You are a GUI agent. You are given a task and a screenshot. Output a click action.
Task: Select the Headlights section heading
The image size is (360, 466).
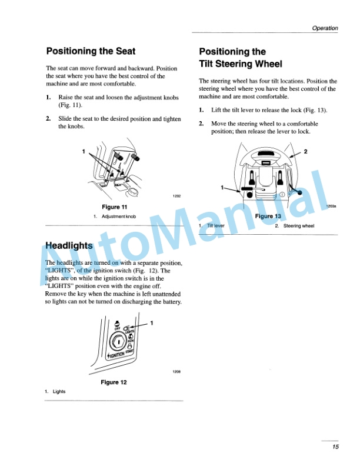69,245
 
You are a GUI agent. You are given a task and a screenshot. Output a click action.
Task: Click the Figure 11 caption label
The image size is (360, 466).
115,207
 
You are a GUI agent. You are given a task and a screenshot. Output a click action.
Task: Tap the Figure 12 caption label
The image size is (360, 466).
115,382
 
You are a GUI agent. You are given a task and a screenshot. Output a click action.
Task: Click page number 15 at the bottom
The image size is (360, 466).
335,447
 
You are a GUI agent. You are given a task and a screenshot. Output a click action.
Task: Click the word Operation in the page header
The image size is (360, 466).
325,28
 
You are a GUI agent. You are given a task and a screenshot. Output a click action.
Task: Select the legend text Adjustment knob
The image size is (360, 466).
119,217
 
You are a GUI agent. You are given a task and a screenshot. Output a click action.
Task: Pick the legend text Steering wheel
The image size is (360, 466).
299,226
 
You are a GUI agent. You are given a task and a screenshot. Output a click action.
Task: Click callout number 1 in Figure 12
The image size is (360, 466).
151,324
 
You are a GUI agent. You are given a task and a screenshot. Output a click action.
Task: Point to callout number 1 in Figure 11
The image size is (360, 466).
84,152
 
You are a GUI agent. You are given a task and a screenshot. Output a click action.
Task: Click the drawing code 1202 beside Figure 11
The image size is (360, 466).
176,196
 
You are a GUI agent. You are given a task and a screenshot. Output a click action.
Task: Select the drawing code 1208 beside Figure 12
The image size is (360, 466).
176,372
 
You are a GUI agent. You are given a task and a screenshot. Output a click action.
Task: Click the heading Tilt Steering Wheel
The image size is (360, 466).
241,64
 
